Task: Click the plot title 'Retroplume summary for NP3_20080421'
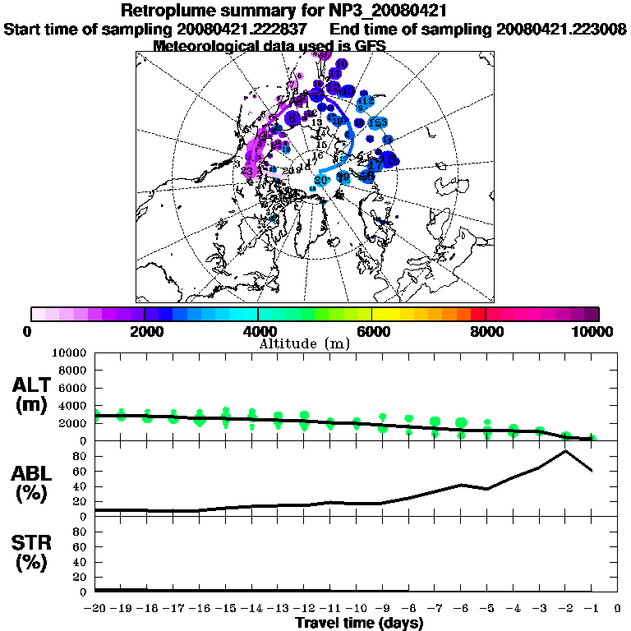pyautogui.click(x=283, y=12)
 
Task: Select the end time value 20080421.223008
pyautogui.click(x=563, y=30)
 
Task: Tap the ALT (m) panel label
pyautogui.click(x=32, y=395)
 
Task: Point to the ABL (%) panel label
pyautogui.click(x=32, y=483)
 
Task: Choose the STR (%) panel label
pyautogui.click(x=32, y=553)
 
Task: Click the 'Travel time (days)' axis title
pyautogui.click(x=359, y=624)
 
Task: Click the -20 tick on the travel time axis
pyautogui.click(x=95, y=610)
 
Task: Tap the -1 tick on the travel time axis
pyautogui.click(x=591, y=610)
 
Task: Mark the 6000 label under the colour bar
pyautogui.click(x=371, y=331)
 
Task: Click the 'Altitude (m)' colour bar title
pyautogui.click(x=305, y=343)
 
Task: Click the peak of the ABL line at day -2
pyautogui.click(x=565, y=450)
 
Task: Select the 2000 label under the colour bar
pyautogui.click(x=144, y=331)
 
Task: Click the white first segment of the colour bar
pyautogui.click(x=38, y=314)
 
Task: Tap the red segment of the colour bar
pyautogui.click(x=478, y=314)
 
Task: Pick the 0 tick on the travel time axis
pyautogui.click(x=617, y=610)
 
